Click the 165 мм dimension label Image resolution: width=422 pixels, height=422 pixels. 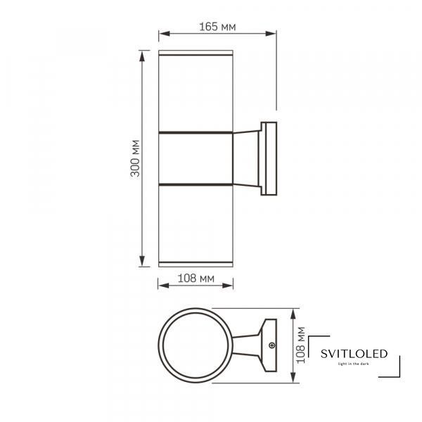click(217, 27)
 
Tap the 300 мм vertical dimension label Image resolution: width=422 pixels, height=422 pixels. click(135, 158)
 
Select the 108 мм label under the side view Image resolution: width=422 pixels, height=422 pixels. click(196, 279)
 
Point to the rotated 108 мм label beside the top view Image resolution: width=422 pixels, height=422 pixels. click(300, 345)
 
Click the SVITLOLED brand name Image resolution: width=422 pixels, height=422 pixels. click(354, 354)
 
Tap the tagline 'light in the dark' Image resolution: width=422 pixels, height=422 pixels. click(354, 364)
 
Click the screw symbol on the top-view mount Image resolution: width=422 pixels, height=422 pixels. click(272, 345)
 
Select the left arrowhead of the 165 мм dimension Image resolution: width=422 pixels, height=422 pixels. click(164, 34)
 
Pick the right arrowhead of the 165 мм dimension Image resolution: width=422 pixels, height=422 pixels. click(271, 34)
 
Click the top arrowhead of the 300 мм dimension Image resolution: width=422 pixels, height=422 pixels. click(142, 56)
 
